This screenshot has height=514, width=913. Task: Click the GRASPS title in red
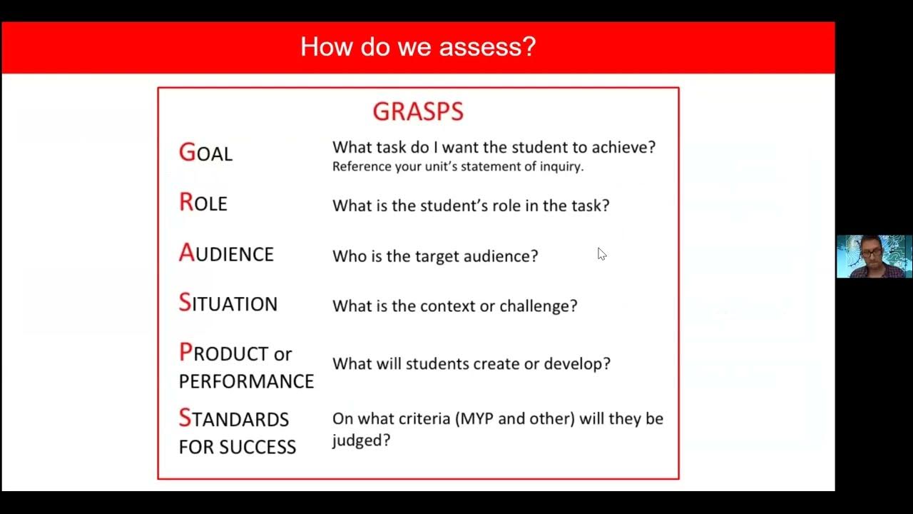click(418, 111)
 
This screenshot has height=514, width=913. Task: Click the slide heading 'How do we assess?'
click(417, 47)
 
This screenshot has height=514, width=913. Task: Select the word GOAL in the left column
click(205, 153)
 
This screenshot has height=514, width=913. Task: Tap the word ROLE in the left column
click(203, 203)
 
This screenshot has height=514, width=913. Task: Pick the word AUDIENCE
click(226, 253)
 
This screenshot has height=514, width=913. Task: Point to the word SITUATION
click(228, 303)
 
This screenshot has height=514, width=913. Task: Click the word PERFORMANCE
click(246, 381)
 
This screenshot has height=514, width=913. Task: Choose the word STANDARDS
click(234, 418)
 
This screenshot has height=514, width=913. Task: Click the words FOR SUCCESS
click(237, 447)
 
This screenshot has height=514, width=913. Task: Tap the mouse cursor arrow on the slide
click(601, 253)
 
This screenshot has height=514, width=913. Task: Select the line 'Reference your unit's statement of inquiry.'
click(458, 167)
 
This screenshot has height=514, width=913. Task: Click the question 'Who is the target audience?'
click(435, 256)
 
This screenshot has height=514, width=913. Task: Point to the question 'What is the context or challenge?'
click(454, 306)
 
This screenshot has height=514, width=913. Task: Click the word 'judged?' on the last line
click(361, 440)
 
